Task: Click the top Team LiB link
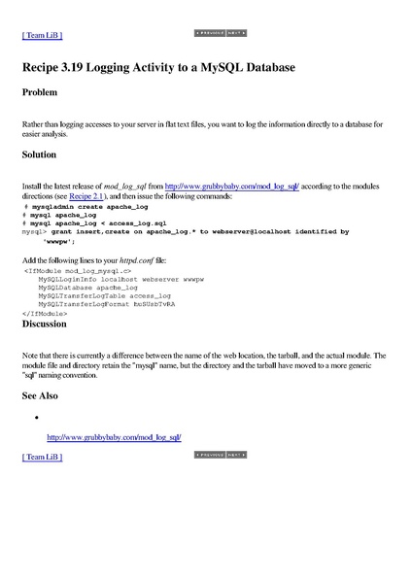tap(42, 35)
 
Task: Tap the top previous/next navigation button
tap(220, 33)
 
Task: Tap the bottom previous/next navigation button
tap(220, 455)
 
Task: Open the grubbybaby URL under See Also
tap(114, 437)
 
